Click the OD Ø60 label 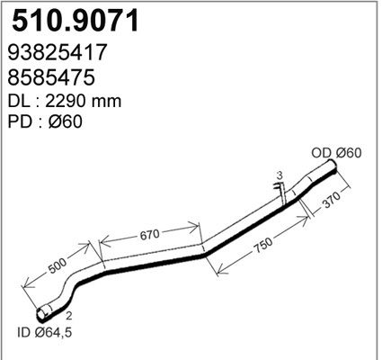[x=337, y=152]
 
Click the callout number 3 [x=280, y=175]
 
